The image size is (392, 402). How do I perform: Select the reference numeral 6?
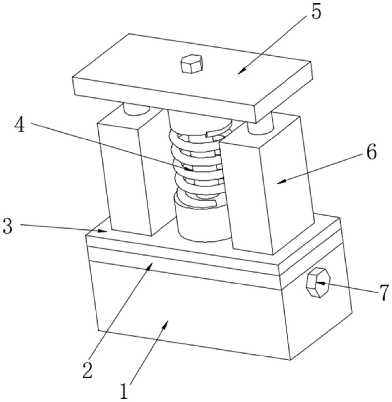pyautogui.click(x=372, y=152)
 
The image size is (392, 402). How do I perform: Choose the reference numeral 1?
pyautogui.click(x=124, y=391)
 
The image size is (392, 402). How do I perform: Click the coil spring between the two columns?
pyautogui.click(x=198, y=164)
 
